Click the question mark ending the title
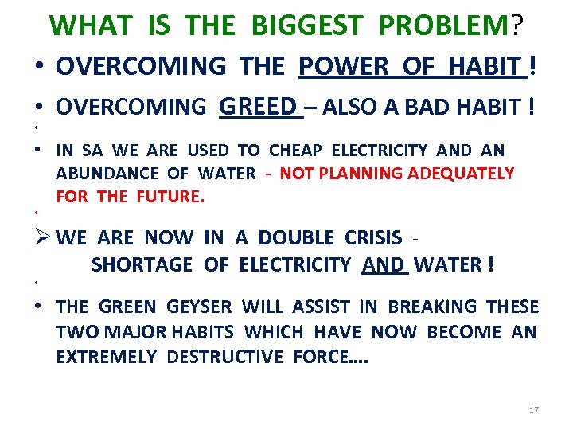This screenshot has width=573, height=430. coord(517,25)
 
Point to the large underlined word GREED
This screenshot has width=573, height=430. coord(257,106)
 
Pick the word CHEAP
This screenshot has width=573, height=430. coord(297,150)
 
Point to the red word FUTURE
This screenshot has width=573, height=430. coord(170,196)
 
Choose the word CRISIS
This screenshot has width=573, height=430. coord(373,237)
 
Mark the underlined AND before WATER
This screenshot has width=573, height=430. coord(384,265)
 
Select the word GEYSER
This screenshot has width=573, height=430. coord(200,307)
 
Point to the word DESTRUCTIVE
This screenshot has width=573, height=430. coord(224,357)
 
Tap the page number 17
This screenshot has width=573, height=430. coord(533,410)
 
